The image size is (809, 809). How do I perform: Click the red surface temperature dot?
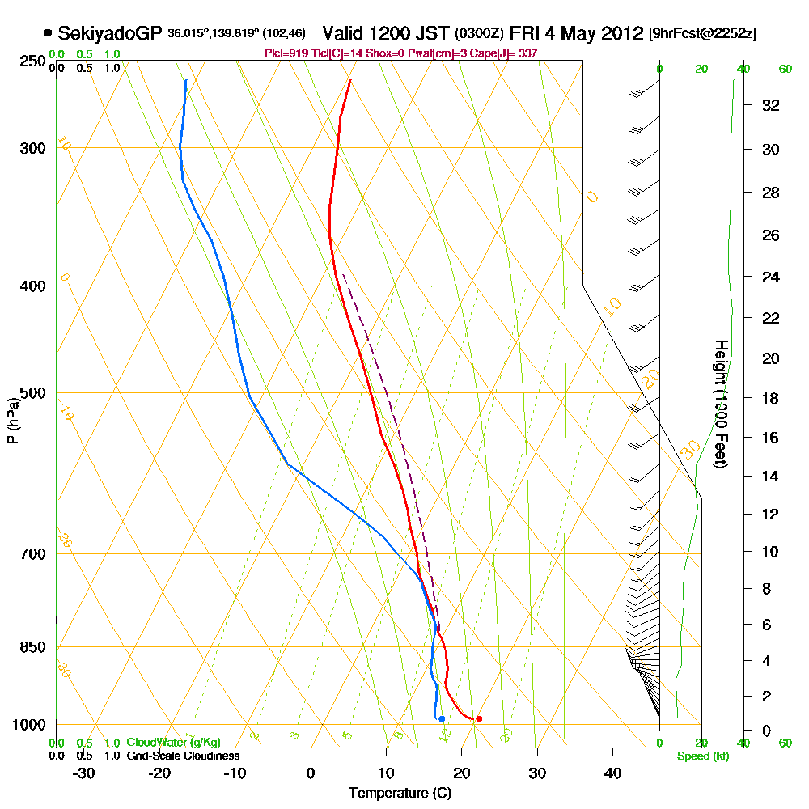pyautogui.click(x=479, y=718)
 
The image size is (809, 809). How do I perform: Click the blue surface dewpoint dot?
pyautogui.click(x=441, y=718)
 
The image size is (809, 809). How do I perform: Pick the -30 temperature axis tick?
pyautogui.click(x=84, y=772)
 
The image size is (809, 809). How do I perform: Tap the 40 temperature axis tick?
pyautogui.click(x=612, y=772)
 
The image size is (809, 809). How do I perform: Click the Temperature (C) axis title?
pyautogui.click(x=400, y=793)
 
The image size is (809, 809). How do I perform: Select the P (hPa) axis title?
pyautogui.click(x=12, y=421)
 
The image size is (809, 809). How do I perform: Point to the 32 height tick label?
pyautogui.click(x=771, y=105)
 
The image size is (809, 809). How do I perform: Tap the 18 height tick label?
pyautogui.click(x=771, y=398)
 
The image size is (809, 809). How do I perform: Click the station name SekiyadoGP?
pyautogui.click(x=110, y=34)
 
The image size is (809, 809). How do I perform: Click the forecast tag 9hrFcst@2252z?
pyautogui.click(x=703, y=34)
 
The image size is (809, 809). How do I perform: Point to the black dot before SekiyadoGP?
pyautogui.click(x=48, y=34)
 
